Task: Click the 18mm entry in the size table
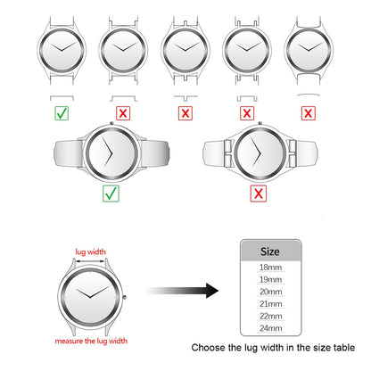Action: pyautogui.click(x=270, y=268)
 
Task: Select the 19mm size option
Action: pyautogui.click(x=270, y=279)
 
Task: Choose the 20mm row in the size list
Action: pyautogui.click(x=270, y=292)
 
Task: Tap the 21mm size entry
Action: pyautogui.click(x=270, y=304)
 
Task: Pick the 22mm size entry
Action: pyautogui.click(x=270, y=316)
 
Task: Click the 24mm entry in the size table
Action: pyautogui.click(x=270, y=328)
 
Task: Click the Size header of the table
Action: pyautogui.click(x=270, y=251)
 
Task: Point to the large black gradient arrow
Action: pyautogui.click(x=183, y=291)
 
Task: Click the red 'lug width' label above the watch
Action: pyautogui.click(x=90, y=251)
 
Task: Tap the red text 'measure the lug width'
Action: pyautogui.click(x=91, y=341)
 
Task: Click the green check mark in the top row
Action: pyautogui.click(x=62, y=113)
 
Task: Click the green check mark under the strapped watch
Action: pyautogui.click(x=111, y=194)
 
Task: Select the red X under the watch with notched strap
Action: pyautogui.click(x=259, y=194)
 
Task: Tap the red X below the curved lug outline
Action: pyautogui.click(x=309, y=113)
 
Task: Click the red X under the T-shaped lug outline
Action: pyautogui.click(x=185, y=113)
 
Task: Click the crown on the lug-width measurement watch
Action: pyautogui.click(x=124, y=297)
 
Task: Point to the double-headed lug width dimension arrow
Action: pyautogui.click(x=90, y=261)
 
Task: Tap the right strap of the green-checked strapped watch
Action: pyautogui.click(x=154, y=153)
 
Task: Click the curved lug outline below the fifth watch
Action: pyautogui.click(x=309, y=95)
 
